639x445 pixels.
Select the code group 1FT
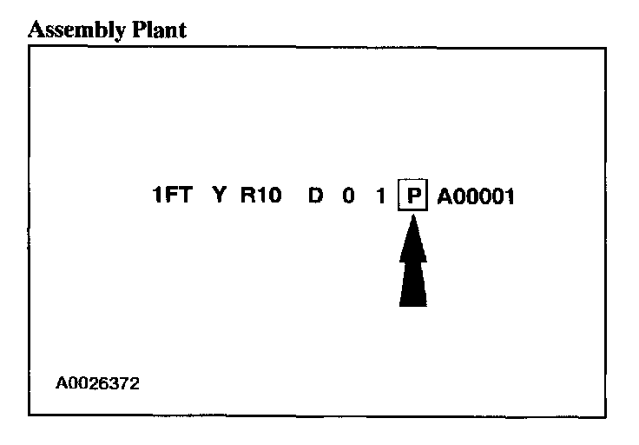[x=172, y=196]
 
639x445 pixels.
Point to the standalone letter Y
[x=220, y=196]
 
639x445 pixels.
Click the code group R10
[x=260, y=196]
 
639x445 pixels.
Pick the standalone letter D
[x=316, y=196]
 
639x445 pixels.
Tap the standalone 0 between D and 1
[x=348, y=196]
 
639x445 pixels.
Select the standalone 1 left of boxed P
[x=379, y=196]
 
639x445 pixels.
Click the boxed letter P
[x=413, y=196]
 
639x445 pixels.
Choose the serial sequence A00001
[x=476, y=196]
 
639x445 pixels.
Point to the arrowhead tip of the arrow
[x=413, y=217]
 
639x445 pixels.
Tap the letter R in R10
[x=247, y=196]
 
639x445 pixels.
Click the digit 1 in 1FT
[x=157, y=196]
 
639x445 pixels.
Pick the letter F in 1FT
[x=170, y=196]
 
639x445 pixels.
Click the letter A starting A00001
[x=444, y=196]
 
